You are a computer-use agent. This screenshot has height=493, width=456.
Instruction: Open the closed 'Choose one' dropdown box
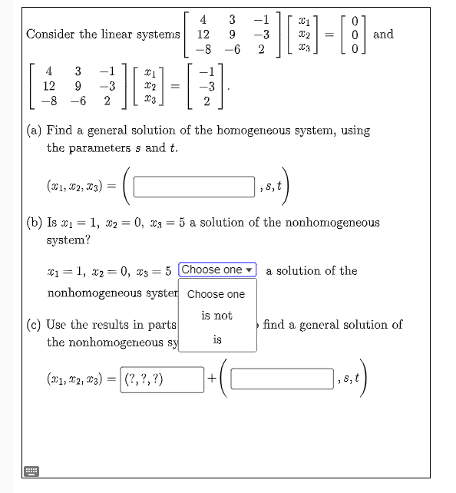click(217, 270)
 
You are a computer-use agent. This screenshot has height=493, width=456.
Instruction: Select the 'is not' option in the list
click(216, 316)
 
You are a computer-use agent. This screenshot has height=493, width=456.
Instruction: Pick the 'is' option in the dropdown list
click(217, 339)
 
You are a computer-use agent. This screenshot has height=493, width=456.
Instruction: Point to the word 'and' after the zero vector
click(382, 34)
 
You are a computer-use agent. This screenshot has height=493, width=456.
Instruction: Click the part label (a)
click(35, 131)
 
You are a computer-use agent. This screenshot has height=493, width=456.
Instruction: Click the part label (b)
click(35, 223)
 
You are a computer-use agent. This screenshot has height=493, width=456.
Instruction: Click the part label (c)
click(35, 324)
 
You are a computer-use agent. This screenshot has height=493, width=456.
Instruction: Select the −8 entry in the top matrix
click(203, 49)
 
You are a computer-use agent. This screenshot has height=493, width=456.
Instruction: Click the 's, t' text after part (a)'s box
click(274, 186)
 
